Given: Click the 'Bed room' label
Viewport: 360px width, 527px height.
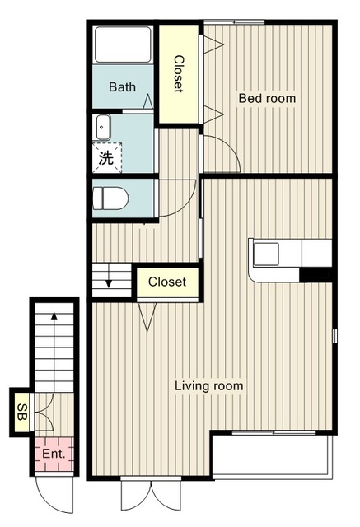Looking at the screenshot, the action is [267, 99].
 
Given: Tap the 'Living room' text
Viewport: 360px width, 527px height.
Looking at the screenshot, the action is [208, 386].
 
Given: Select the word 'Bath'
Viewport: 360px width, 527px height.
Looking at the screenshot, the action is [123, 87].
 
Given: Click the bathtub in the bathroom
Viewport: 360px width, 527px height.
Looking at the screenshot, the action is [123, 44].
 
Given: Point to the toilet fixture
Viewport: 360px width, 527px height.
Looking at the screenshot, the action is [110, 198].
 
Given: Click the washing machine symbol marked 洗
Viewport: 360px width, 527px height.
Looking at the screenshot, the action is [106, 157].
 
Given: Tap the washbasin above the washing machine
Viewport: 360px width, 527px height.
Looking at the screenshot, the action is [103, 127].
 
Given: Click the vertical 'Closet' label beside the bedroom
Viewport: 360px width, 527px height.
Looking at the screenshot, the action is [179, 74].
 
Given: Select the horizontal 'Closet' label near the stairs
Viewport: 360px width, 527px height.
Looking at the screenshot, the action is [167, 282].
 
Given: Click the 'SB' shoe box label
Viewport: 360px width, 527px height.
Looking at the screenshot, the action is [22, 412].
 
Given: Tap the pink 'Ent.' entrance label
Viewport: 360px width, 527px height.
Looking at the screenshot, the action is [54, 454].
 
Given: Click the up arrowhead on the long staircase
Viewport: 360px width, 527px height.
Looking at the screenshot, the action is [54, 316].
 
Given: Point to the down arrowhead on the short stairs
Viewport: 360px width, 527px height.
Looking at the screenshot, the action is [109, 284].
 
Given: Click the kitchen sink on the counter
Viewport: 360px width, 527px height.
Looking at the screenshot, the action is [266, 254].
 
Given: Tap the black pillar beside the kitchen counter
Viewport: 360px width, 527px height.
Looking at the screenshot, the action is [316, 274].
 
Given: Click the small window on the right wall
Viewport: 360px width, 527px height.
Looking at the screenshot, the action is [334, 336].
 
